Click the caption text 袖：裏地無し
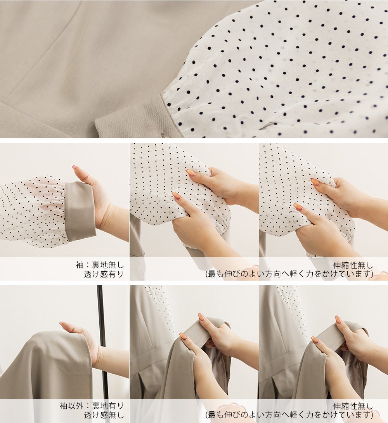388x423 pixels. pos(99,265)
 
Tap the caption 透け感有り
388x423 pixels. pos(104,274)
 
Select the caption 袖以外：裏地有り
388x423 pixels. pos(92,406)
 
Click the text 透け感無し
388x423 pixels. pos(104,415)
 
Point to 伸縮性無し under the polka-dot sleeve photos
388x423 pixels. pos(353,265)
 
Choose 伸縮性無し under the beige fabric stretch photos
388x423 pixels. pos(353,406)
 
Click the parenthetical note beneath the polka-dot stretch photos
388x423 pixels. pos(289,274)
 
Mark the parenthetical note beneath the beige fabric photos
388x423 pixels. pos(289,415)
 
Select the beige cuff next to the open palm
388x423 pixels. pos(80,212)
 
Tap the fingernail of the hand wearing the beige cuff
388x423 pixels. pos(76,168)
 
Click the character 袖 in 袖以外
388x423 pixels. pos(63,406)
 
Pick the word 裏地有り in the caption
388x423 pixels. pos(108,406)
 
